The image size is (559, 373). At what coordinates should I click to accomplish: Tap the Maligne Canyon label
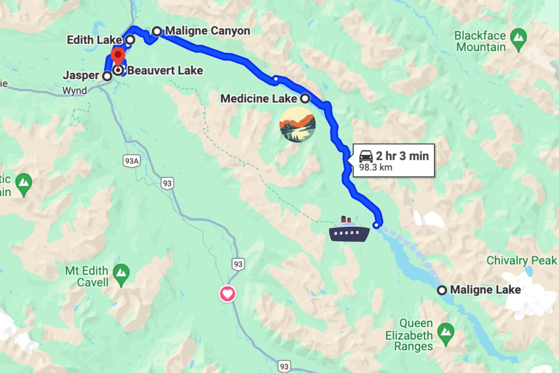(x=207, y=31)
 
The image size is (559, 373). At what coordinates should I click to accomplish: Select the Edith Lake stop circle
(x=130, y=40)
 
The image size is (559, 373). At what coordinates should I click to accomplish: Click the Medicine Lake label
(x=258, y=99)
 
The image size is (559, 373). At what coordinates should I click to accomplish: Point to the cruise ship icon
(x=349, y=230)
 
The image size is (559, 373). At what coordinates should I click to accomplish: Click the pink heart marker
(x=228, y=294)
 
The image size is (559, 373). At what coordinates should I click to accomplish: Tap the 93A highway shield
(x=132, y=161)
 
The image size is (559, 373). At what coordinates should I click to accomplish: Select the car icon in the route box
(x=366, y=156)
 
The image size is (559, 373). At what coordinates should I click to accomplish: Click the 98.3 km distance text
(x=376, y=167)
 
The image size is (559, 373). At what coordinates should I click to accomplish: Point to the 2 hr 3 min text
(x=402, y=156)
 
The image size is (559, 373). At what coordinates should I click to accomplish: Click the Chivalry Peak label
(x=522, y=260)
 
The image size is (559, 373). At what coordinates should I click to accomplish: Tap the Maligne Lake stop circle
(x=442, y=290)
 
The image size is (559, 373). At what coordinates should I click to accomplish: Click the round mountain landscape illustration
(x=298, y=125)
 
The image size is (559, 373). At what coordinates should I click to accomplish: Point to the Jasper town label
(x=81, y=75)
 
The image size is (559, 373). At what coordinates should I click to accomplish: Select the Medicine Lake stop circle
(x=305, y=98)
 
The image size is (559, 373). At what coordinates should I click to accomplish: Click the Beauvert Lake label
(x=165, y=70)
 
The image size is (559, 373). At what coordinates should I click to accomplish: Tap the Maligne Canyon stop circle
(x=157, y=31)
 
